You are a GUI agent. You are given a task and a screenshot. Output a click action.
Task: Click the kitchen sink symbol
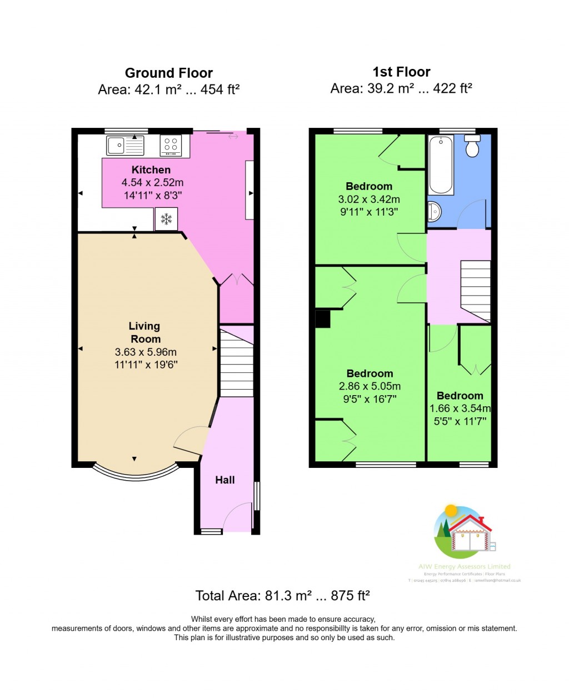pos(125,146)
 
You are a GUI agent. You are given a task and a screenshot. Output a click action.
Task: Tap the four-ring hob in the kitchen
pos(171,146)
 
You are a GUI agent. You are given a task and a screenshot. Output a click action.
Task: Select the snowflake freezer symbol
pos(166,219)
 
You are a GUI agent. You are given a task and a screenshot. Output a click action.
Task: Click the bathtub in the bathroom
pos(441,165)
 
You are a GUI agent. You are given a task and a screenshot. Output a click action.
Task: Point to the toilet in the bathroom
pos(472,146)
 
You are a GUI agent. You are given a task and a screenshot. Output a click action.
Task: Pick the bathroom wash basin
pos(434,211)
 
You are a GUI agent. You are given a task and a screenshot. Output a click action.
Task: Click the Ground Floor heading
pos(168,73)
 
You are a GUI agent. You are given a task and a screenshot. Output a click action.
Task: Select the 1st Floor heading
pos(401,72)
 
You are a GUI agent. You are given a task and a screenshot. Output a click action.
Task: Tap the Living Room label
pos(145,332)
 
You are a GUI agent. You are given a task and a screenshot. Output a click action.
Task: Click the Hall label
pos(225,480)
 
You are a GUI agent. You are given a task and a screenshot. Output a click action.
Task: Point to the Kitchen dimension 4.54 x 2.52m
pos(152,182)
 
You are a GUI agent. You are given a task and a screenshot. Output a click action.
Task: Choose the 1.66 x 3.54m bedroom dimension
pos(460,408)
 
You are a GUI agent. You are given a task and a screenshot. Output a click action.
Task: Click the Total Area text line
pos(282,596)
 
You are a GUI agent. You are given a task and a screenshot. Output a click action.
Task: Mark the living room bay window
pos(135,471)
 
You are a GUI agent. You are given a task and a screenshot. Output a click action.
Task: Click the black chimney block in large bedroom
pos(323,319)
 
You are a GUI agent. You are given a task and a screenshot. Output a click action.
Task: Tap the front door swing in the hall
pos(238,516)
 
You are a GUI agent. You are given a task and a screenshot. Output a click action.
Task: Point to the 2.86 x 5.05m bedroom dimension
pos(370,386)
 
